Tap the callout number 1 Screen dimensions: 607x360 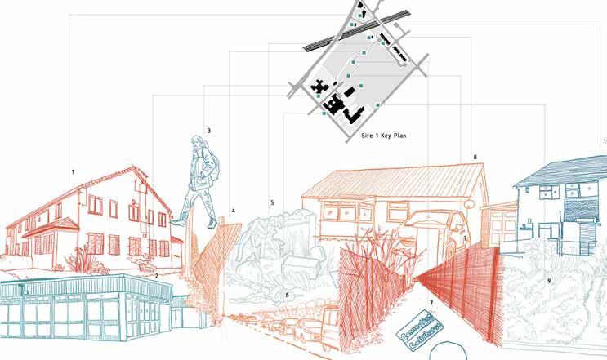click(x=73, y=172)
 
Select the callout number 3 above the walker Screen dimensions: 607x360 click(x=209, y=131)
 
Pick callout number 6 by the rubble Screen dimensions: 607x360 click(x=287, y=295)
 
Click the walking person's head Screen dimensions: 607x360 click(x=196, y=144)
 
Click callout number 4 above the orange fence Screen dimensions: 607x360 click(x=233, y=211)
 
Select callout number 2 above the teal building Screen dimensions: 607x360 click(x=156, y=276)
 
